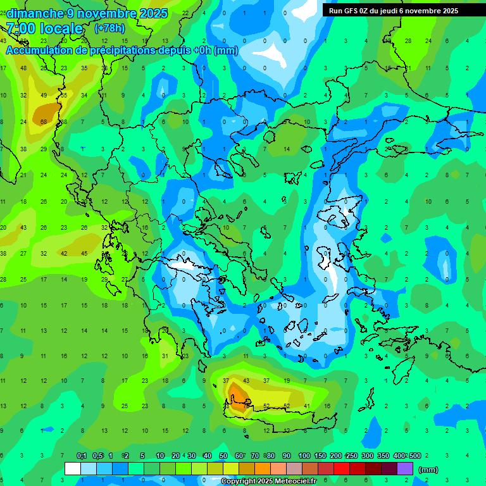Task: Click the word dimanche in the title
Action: click(x=35, y=13)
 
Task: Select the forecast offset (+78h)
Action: click(x=109, y=28)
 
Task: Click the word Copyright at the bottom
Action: click(x=239, y=482)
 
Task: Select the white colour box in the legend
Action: click(x=73, y=469)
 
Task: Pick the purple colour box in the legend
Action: click(x=405, y=469)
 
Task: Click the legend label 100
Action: click(x=304, y=456)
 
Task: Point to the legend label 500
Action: click(x=414, y=456)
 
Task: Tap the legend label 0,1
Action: click(x=82, y=456)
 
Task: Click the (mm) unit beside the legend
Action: click(x=428, y=470)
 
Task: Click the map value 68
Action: click(x=44, y=121)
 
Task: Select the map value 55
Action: click(x=64, y=95)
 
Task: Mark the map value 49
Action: click(x=44, y=95)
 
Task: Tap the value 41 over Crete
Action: click(x=308, y=406)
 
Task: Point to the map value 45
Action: click(x=84, y=253)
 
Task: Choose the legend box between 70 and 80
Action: click(x=263, y=469)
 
